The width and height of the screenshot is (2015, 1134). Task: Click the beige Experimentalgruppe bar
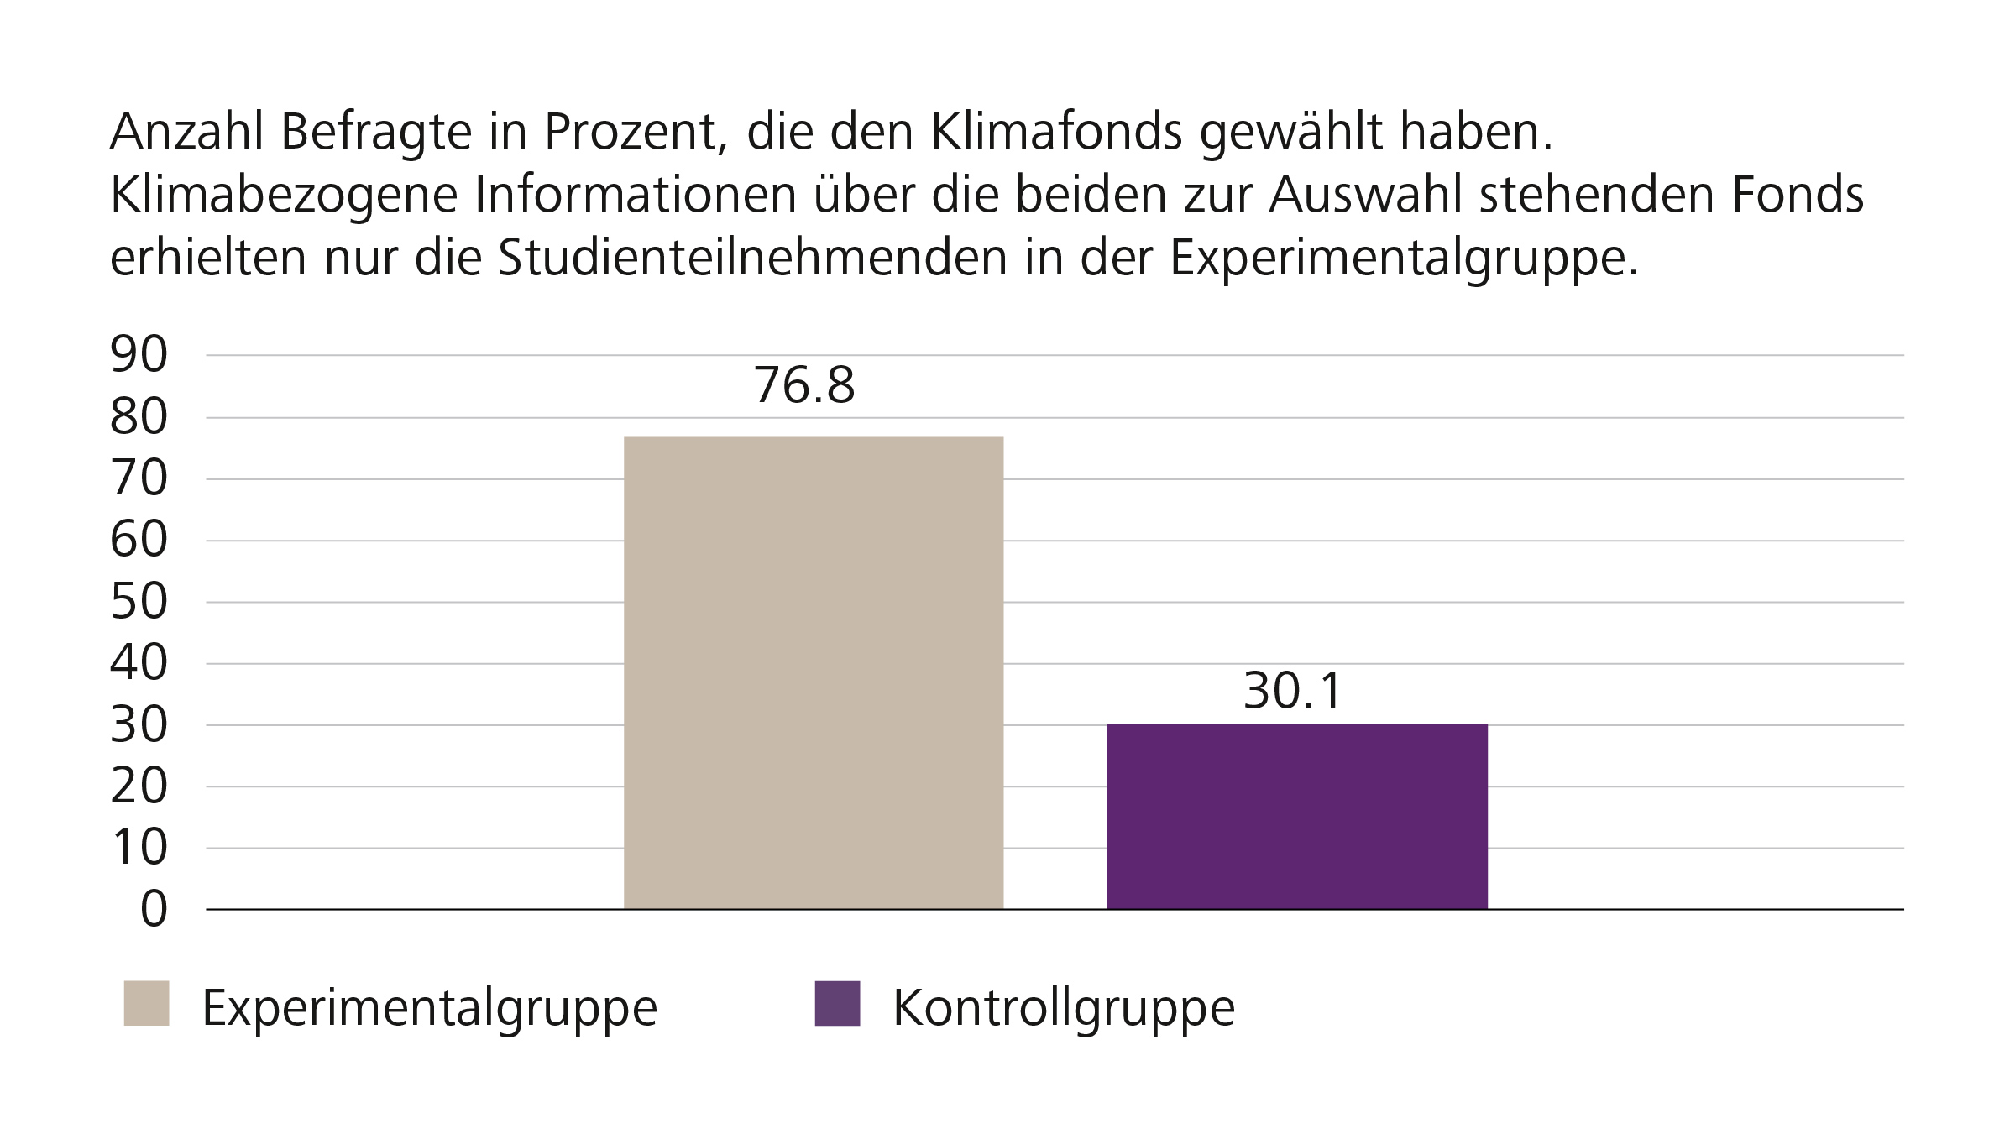click(x=813, y=672)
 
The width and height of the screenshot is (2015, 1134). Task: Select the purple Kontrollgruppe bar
click(x=1296, y=816)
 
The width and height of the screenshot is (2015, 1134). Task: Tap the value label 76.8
click(x=803, y=385)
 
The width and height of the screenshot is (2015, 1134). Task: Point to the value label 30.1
click(x=1292, y=691)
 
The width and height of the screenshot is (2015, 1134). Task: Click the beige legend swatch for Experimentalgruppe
click(x=146, y=1003)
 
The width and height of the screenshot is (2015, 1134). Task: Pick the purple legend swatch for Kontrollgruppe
click(x=837, y=1003)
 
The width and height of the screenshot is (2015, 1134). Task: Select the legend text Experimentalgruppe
click(x=429, y=1006)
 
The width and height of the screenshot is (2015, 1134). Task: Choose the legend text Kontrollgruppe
click(x=1063, y=1006)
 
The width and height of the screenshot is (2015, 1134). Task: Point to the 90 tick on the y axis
click(x=139, y=355)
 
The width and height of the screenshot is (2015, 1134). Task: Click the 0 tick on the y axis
click(x=154, y=909)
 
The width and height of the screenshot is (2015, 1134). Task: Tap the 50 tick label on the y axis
click(x=139, y=602)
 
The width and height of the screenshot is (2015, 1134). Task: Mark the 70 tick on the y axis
click(x=139, y=479)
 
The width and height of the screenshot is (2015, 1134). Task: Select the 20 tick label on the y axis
click(x=139, y=786)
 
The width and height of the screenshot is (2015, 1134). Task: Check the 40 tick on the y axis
click(x=139, y=664)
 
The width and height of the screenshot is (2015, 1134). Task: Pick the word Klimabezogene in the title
click(x=284, y=196)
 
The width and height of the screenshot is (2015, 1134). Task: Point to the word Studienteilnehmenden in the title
click(x=752, y=258)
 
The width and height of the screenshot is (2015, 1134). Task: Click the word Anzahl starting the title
click(x=187, y=132)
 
